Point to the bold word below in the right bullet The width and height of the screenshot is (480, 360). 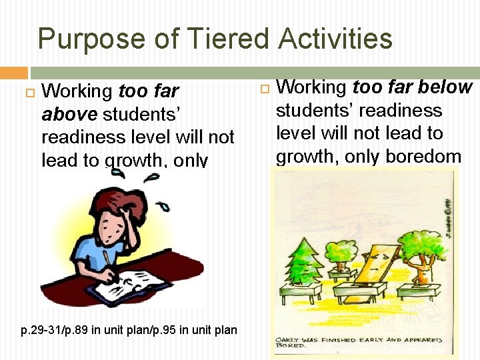coord(447,87)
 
